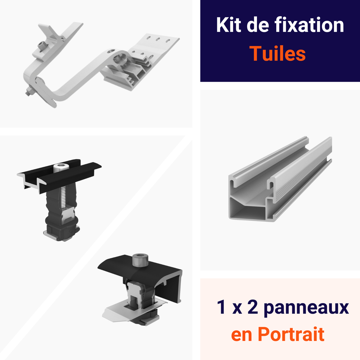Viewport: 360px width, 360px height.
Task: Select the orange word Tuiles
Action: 278,53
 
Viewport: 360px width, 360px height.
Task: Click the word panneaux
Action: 306,307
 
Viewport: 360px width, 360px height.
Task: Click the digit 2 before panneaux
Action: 252,307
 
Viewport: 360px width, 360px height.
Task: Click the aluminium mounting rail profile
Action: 281,179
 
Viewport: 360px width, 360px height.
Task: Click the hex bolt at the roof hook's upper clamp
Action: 42,46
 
